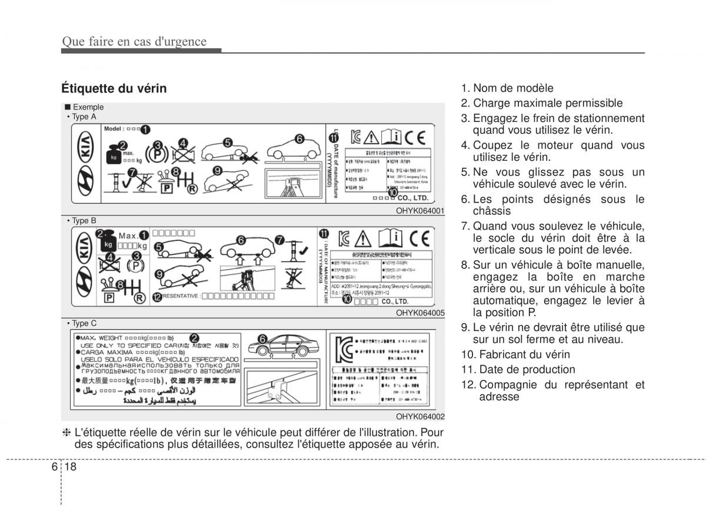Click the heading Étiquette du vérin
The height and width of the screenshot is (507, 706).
click(x=114, y=88)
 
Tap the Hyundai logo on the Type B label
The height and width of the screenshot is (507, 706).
click(x=86, y=279)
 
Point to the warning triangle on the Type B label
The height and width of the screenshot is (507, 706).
click(x=363, y=239)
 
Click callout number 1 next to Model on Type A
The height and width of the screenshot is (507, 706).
click(x=145, y=128)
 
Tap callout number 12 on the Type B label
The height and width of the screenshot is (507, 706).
click(x=156, y=297)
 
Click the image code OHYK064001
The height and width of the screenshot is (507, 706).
click(x=420, y=210)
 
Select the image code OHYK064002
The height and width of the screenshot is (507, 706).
click(x=420, y=416)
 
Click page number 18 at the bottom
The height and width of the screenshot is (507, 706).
click(x=72, y=466)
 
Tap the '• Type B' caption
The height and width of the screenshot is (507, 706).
click(x=82, y=221)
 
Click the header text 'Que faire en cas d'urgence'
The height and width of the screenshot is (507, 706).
click(x=134, y=41)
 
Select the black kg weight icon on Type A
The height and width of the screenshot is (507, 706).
click(x=113, y=157)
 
